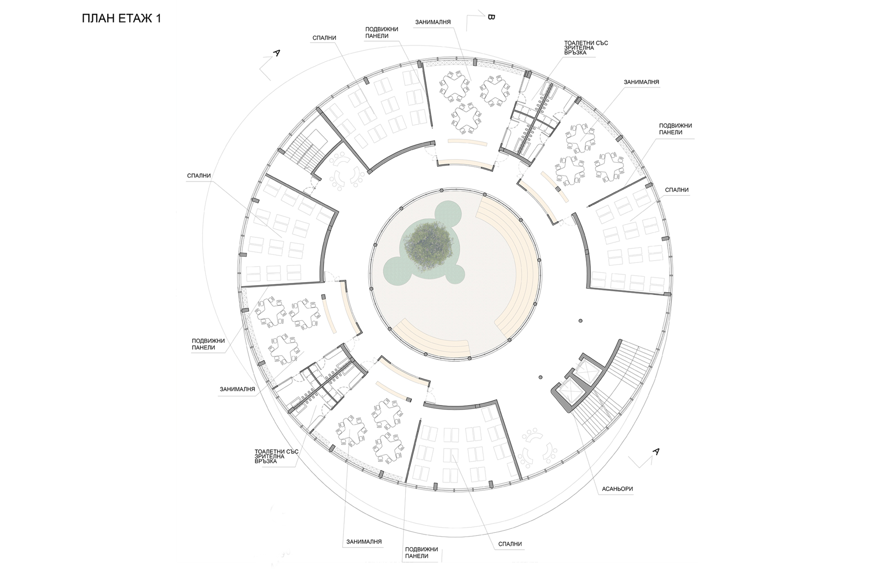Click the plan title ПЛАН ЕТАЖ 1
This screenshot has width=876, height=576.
point(122,19)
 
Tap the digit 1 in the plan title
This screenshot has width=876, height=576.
point(158,19)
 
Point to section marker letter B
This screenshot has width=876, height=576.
point(491,18)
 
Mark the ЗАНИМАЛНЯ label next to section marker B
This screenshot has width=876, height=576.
point(433,22)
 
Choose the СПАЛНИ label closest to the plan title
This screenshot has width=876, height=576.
point(325,38)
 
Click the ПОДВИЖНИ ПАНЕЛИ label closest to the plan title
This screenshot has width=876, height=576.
point(381,32)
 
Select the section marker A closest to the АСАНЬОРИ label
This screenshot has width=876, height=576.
point(656,451)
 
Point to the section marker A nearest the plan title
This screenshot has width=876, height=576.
point(276,53)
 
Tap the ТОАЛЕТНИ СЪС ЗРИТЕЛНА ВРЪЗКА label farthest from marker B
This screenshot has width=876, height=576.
point(276,456)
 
